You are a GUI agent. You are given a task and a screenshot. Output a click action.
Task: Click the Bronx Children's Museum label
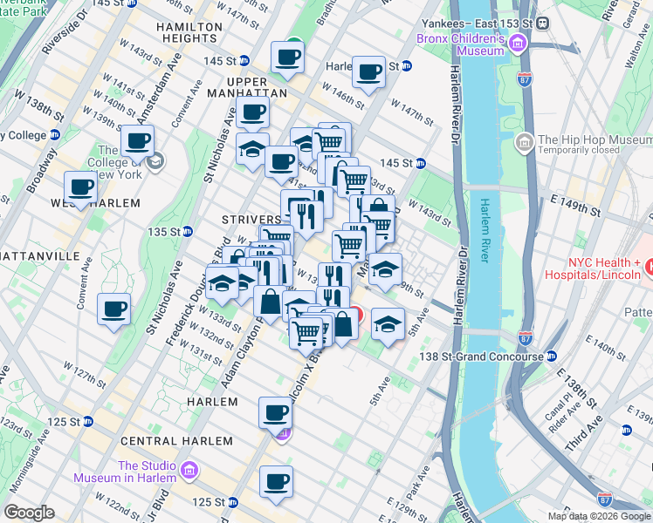pyautogui.click(x=463, y=45)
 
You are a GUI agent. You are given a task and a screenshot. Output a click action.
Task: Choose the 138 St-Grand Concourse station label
pyautogui.click(x=485, y=356)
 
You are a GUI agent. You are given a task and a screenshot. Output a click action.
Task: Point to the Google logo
pyautogui.click(x=30, y=513)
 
